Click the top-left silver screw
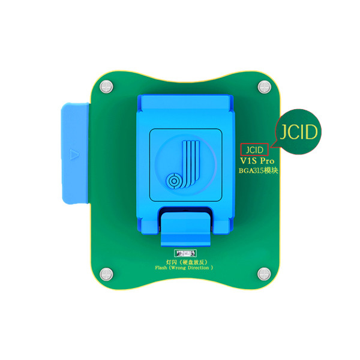pos(106,87)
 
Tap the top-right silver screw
pos(264,87)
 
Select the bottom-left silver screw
pos(106,274)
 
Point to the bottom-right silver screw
pos(264,274)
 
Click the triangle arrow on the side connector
pos(74,154)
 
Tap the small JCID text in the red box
pos(254,150)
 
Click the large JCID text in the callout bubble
pos(298,132)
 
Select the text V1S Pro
pos(257,161)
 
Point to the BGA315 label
pos(258,170)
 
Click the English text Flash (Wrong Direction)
pos(184,268)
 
